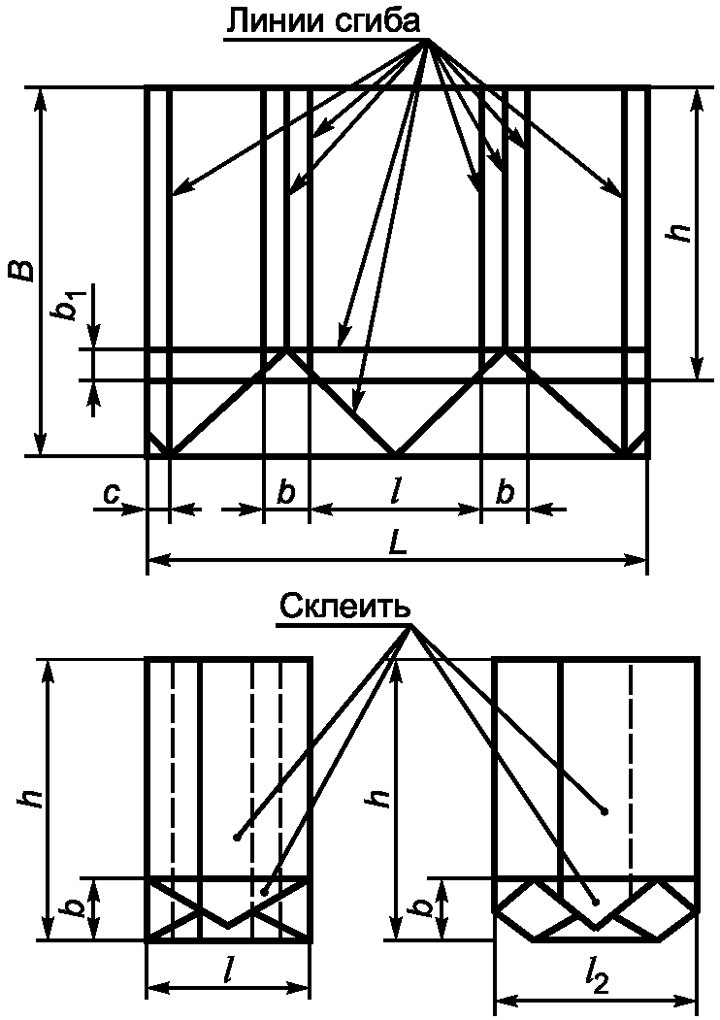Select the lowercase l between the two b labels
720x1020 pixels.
395,492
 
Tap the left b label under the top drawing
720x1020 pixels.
286,492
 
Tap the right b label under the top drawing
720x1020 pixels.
505,492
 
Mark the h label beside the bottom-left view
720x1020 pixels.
30,798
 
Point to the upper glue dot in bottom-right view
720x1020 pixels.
605,810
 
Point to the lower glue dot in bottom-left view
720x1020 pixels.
264,890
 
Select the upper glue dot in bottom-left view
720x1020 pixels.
236,836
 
